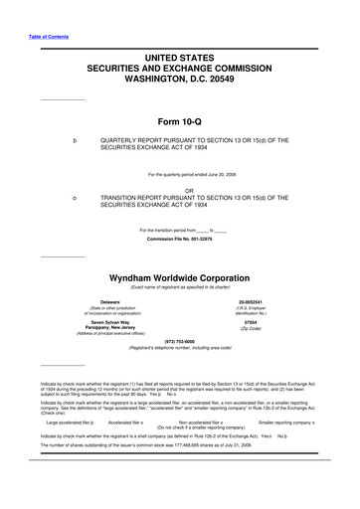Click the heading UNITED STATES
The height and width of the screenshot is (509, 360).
181,59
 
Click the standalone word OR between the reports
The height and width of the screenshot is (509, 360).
180,189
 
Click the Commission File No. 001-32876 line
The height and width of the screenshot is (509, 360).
180,240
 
